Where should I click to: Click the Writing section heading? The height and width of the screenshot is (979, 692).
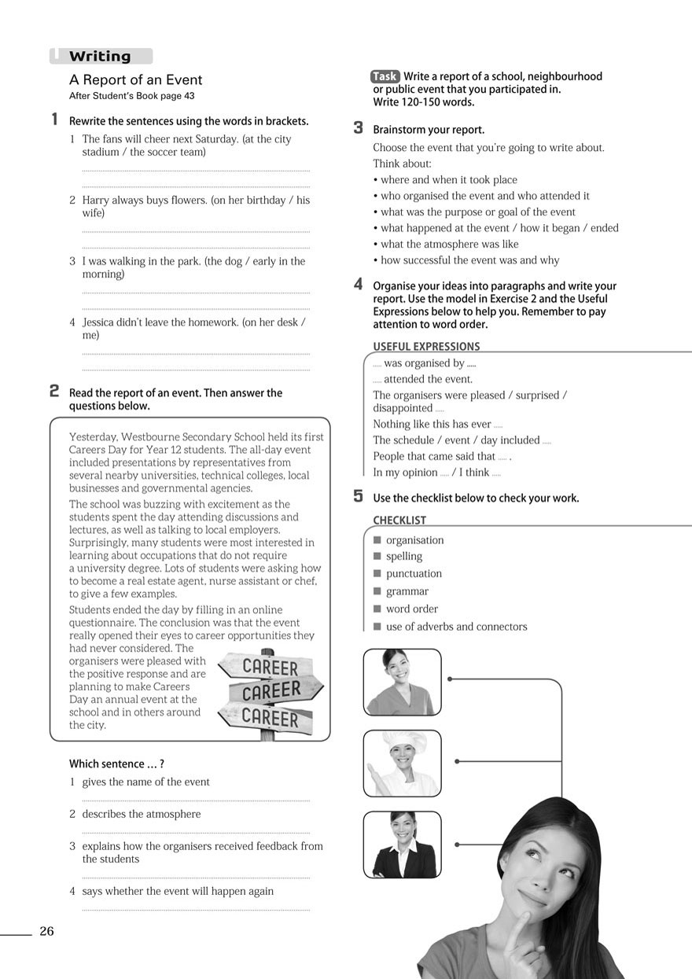[x=100, y=57]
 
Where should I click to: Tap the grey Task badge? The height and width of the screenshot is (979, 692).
[x=385, y=76]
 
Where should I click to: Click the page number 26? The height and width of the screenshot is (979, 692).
[x=46, y=932]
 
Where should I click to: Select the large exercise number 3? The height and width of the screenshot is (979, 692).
[x=359, y=127]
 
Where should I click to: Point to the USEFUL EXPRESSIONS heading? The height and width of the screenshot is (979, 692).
[x=426, y=346]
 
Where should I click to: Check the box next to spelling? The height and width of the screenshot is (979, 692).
[x=377, y=557]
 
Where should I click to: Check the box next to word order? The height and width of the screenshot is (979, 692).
[x=377, y=609]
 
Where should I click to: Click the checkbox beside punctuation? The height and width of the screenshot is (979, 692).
[x=377, y=574]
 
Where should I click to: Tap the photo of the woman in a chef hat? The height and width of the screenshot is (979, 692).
[x=402, y=763]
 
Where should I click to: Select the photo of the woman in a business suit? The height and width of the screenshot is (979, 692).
[x=402, y=845]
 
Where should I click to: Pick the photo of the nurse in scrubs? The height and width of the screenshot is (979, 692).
[x=402, y=681]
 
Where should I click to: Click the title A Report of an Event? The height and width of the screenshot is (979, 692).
[x=136, y=80]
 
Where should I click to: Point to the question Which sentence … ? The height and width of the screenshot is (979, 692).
[x=116, y=764]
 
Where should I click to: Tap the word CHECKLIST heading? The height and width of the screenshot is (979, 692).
[x=399, y=521]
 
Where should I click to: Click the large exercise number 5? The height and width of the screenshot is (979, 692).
[x=359, y=496]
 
